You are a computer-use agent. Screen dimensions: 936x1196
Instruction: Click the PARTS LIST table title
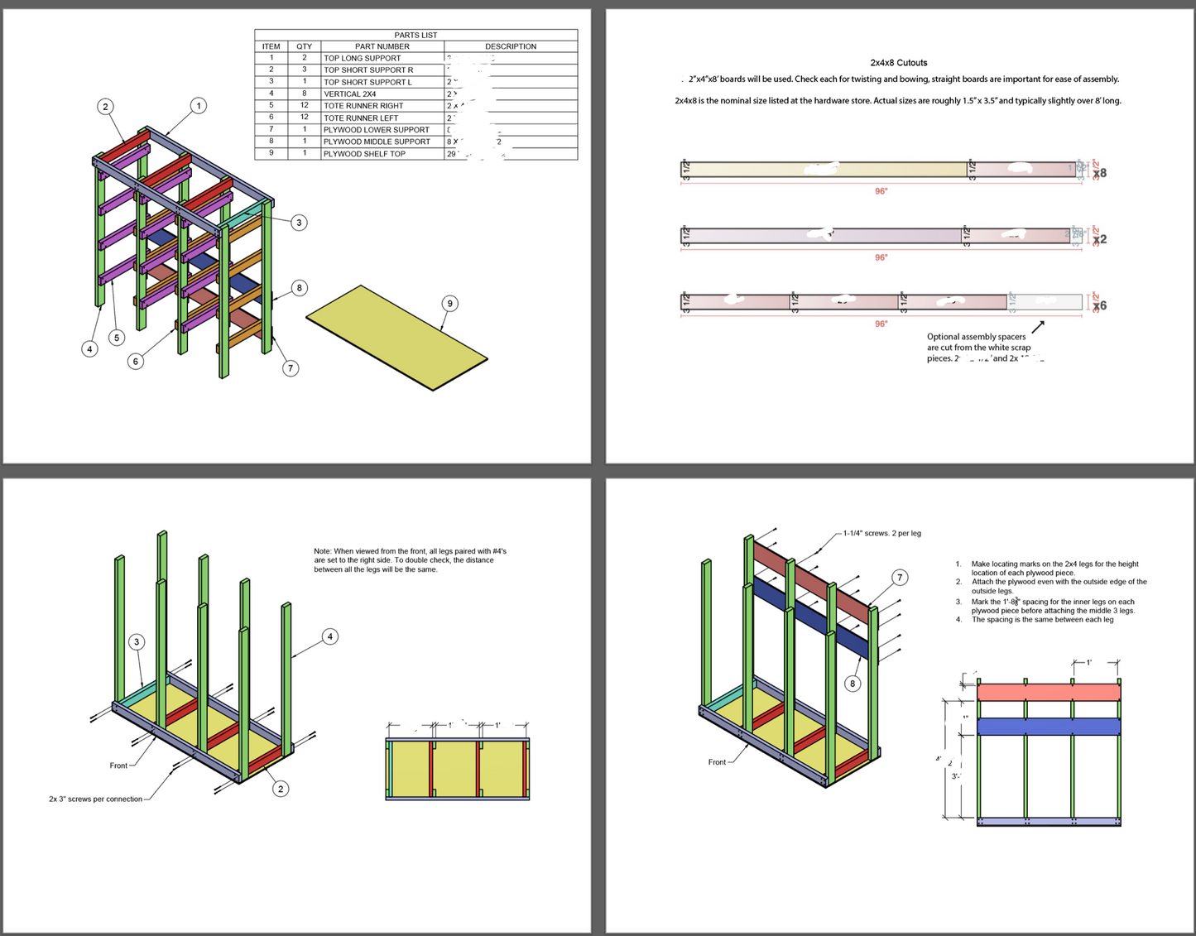[x=415, y=35]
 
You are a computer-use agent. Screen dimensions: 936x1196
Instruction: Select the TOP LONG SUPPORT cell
[x=362, y=58]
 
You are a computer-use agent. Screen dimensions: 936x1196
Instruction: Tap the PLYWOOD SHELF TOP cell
[x=364, y=154]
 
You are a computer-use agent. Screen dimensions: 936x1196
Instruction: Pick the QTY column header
[x=304, y=46]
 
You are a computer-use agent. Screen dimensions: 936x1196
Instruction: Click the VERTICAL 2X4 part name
[x=349, y=94]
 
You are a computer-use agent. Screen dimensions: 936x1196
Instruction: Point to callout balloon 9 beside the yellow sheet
[x=449, y=304]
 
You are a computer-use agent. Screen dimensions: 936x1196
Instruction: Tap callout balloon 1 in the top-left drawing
[x=198, y=106]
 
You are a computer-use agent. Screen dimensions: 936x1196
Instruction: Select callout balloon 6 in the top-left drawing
[x=136, y=361]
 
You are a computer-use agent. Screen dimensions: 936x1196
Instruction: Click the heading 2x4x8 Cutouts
[x=898, y=63]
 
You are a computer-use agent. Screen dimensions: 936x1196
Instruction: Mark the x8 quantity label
[x=1099, y=173]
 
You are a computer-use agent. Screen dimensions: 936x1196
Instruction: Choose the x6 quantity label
[x=1099, y=305]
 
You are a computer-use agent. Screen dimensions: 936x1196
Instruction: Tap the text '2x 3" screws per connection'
[x=95, y=799]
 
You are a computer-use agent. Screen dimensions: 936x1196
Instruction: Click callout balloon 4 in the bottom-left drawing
[x=329, y=636]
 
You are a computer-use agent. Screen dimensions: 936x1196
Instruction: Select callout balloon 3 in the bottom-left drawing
[x=137, y=642]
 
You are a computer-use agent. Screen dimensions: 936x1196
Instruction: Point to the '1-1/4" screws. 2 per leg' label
[x=881, y=534]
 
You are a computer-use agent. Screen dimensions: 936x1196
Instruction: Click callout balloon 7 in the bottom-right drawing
[x=900, y=578]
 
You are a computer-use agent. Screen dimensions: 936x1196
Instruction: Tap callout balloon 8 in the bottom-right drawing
[x=853, y=684]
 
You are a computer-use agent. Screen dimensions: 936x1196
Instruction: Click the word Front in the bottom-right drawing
[x=717, y=762]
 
